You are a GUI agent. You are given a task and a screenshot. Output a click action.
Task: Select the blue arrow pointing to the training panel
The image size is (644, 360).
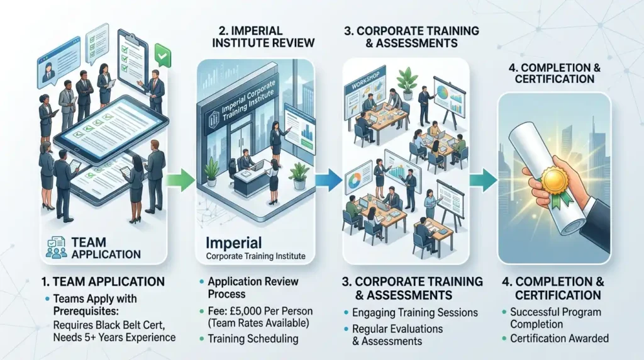click(328, 181)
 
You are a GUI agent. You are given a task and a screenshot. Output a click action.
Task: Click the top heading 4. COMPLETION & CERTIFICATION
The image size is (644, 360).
click(554, 72)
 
